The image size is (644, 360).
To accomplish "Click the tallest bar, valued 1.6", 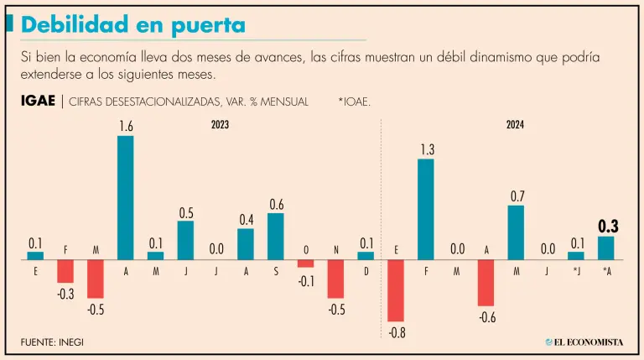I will [125, 197].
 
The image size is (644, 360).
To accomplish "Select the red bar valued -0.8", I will [396, 290].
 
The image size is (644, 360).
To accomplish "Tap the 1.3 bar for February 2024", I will [426, 209].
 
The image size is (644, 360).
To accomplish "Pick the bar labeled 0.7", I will [517, 232].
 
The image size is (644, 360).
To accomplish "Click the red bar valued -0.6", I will [486, 283].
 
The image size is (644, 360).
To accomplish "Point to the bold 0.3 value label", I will [606, 226].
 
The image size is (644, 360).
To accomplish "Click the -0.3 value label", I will [65, 294].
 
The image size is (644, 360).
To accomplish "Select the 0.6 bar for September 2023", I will [276, 236].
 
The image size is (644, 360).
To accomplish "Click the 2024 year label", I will [515, 125].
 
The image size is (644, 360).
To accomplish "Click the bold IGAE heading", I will [39, 102].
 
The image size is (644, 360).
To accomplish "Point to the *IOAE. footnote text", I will [355, 102].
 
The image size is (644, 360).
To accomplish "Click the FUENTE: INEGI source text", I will [52, 342].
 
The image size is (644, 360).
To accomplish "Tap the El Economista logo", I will [584, 342].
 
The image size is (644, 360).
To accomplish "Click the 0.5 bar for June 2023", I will [185, 240].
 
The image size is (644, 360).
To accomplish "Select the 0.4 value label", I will [246, 220].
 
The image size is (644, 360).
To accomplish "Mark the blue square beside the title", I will [9, 24].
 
